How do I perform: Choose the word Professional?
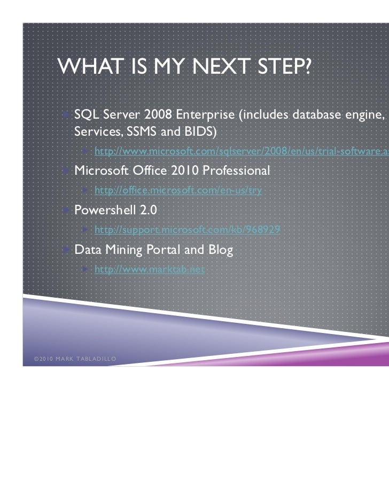point(236,171)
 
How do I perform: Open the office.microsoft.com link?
point(178,191)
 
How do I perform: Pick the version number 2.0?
point(147,210)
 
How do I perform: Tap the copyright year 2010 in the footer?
point(43,359)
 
